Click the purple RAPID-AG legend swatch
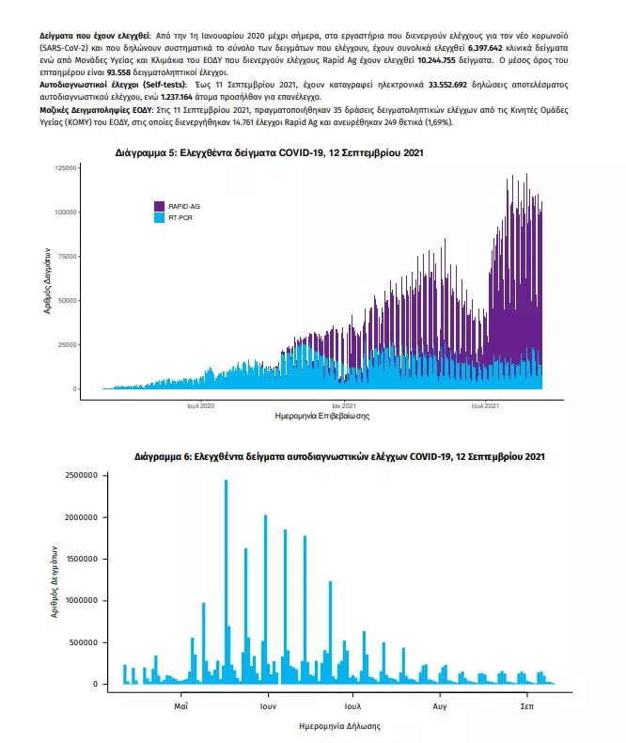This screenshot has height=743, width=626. click(x=160, y=206)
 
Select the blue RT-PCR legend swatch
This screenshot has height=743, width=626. click(x=160, y=217)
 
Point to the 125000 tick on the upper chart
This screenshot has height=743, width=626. click(x=65, y=167)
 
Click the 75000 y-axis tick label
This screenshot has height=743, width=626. click(x=67, y=256)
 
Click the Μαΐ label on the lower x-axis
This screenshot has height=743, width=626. click(x=181, y=703)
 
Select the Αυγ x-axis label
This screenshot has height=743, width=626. click(x=440, y=703)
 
